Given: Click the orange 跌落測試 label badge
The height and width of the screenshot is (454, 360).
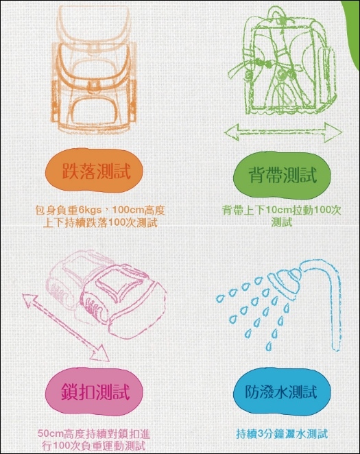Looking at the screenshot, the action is (94, 171).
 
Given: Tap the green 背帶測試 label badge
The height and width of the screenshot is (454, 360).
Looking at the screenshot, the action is (282, 174).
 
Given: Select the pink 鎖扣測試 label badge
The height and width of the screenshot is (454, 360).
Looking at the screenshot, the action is (94, 391).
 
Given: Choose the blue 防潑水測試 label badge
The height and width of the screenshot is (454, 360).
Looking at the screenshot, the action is (282, 392).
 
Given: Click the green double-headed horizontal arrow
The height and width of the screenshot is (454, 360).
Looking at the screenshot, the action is (283, 132).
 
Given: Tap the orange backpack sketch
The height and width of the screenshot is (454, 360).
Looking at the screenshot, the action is (94, 69).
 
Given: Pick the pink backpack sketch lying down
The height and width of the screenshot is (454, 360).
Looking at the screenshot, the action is (107, 298).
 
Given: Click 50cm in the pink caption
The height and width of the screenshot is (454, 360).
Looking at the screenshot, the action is (48, 434).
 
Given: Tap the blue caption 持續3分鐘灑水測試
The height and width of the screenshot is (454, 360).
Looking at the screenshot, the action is (282, 434).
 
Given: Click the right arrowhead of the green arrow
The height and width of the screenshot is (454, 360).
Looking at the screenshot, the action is (333, 132).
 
